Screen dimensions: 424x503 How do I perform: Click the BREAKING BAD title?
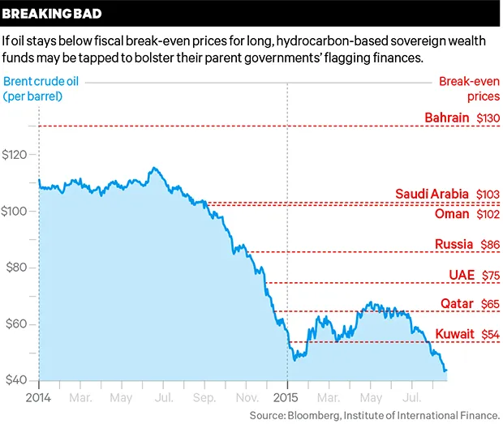(x=49, y=14)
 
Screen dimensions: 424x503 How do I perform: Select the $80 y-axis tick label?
(x=20, y=268)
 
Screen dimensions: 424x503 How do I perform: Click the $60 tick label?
(x=20, y=324)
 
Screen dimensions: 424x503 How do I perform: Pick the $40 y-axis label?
(x=20, y=381)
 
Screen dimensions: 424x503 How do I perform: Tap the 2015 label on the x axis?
(x=286, y=399)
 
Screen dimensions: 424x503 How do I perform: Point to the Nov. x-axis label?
(x=247, y=399)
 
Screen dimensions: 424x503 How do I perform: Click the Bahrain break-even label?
(x=447, y=118)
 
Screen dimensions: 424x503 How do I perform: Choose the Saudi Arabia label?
(x=432, y=194)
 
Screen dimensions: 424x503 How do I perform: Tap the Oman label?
(x=452, y=214)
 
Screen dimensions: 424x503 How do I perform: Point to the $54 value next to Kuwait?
(x=488, y=334)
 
